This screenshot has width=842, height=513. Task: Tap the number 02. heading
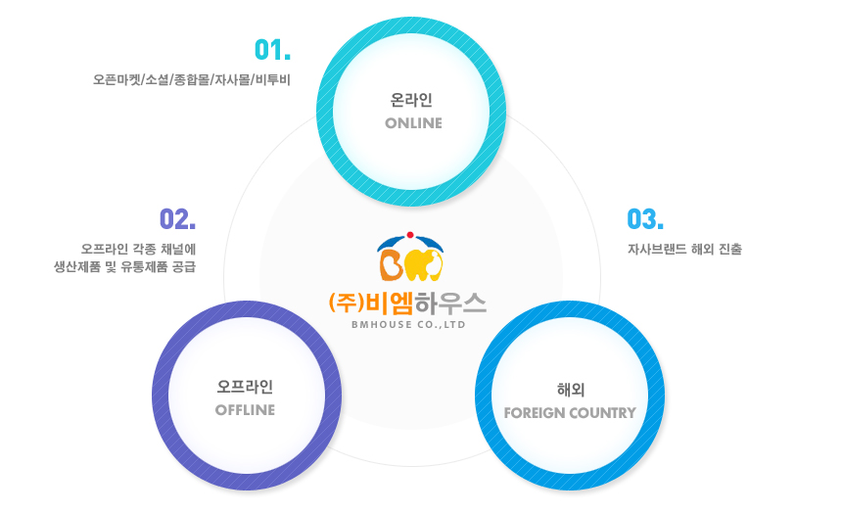[178, 219]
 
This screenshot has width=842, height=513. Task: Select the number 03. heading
[645, 219]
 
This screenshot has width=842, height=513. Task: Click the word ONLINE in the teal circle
[413, 123]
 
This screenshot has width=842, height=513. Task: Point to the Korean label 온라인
[411, 100]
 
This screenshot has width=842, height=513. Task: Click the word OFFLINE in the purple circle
[245, 410]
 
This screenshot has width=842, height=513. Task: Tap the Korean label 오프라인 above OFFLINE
[245, 387]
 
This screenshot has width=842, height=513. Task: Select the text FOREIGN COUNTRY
[570, 413]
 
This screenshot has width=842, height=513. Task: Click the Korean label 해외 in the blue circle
[570, 390]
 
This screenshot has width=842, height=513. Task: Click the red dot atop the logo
[410, 235]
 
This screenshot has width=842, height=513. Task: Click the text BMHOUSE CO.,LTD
[408, 324]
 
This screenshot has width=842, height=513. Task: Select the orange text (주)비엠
[371, 303]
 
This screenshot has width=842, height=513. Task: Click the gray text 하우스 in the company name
[450, 303]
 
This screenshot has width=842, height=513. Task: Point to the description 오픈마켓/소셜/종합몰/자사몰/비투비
[192, 80]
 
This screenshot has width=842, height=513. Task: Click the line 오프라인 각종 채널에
[139, 250]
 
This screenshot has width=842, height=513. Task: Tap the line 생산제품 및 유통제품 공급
[124, 267]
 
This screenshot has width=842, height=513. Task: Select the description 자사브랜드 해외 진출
[684, 250]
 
